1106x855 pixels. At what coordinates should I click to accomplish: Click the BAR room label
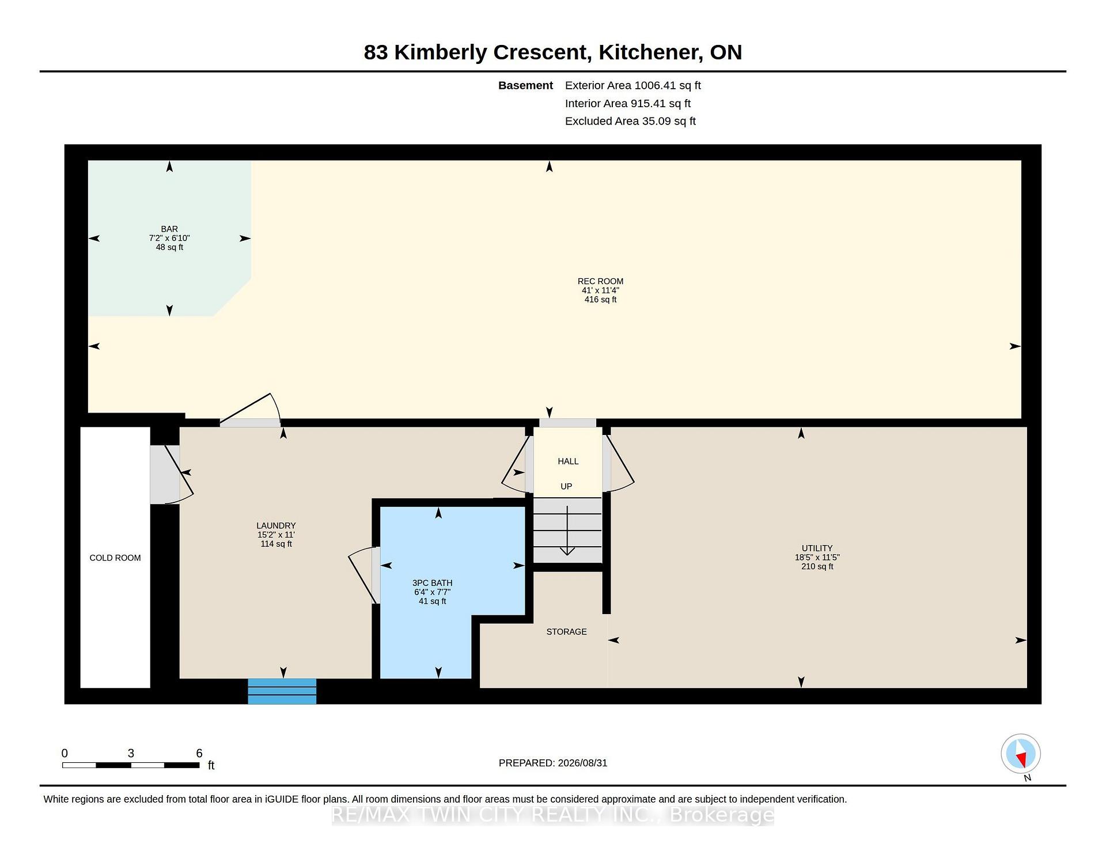coord(169,229)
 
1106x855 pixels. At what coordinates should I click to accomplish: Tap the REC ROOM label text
coord(600,281)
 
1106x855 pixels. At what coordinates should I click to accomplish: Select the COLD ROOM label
coord(115,558)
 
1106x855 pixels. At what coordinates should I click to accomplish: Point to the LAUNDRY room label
coord(276,525)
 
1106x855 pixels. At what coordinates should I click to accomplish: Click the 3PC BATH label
coord(432,583)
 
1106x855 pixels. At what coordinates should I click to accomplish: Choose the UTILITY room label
coord(817,548)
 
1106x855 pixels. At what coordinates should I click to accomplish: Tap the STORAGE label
coord(566,631)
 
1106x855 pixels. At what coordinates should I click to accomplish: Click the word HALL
coord(568,461)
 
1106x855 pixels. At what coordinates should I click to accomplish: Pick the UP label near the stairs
coord(566,486)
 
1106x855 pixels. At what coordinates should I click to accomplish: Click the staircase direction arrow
coord(567,531)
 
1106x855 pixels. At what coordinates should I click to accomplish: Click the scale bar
coord(131,765)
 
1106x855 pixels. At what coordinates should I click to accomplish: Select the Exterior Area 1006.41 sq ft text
coord(632,85)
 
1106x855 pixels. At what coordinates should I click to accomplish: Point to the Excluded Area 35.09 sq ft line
coord(630,121)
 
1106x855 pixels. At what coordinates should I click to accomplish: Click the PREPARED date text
coord(553,763)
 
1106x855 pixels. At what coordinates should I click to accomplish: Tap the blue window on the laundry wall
coord(282,691)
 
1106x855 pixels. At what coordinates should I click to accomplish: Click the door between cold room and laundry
coord(171,474)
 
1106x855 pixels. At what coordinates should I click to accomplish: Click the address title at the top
coord(553,52)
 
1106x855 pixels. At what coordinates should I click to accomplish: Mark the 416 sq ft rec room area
coord(600,300)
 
